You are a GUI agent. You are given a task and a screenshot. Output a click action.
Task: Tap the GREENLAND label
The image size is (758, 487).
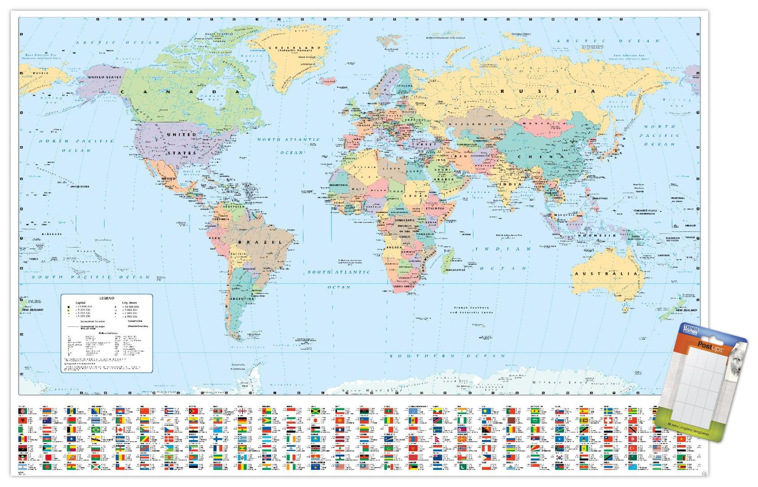(x=295, y=48)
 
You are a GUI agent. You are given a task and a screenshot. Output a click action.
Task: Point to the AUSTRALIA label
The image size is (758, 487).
(x=606, y=273)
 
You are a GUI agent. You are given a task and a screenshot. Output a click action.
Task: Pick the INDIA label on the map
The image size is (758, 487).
(x=511, y=184)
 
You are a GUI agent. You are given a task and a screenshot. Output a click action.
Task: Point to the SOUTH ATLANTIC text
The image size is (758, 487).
(x=338, y=272)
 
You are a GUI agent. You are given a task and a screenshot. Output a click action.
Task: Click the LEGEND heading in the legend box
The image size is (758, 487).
(x=107, y=298)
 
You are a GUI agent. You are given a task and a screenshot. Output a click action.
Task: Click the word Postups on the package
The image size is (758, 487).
(x=706, y=345)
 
